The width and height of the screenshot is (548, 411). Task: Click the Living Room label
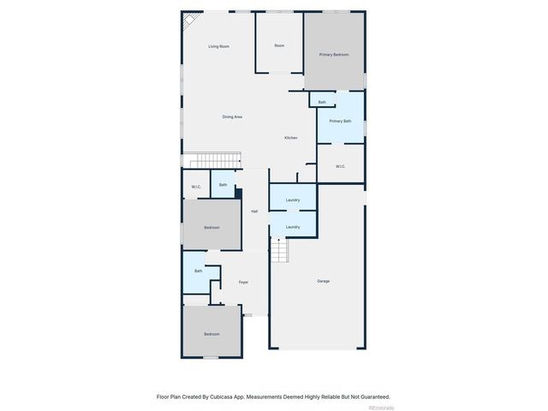219,46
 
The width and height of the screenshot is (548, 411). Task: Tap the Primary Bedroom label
334,55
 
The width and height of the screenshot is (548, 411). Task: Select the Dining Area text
232,116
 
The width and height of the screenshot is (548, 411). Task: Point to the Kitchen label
291,138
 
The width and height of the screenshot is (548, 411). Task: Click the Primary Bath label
340,121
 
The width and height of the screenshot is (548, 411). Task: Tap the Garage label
323,281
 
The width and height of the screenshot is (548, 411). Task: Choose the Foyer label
243,282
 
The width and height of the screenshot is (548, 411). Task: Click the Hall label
254,211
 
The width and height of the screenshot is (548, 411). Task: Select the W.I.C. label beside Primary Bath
340,166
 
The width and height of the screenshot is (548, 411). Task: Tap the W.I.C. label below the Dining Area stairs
196,187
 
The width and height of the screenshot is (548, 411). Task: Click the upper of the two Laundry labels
293,200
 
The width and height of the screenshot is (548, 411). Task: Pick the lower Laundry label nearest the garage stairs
293,227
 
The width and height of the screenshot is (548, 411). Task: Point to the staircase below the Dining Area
214,161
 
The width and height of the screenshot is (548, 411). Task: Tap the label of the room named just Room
279,45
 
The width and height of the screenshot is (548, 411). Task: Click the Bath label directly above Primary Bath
322,102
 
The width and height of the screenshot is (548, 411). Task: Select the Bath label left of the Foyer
198,271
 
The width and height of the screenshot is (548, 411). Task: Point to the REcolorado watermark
381,408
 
